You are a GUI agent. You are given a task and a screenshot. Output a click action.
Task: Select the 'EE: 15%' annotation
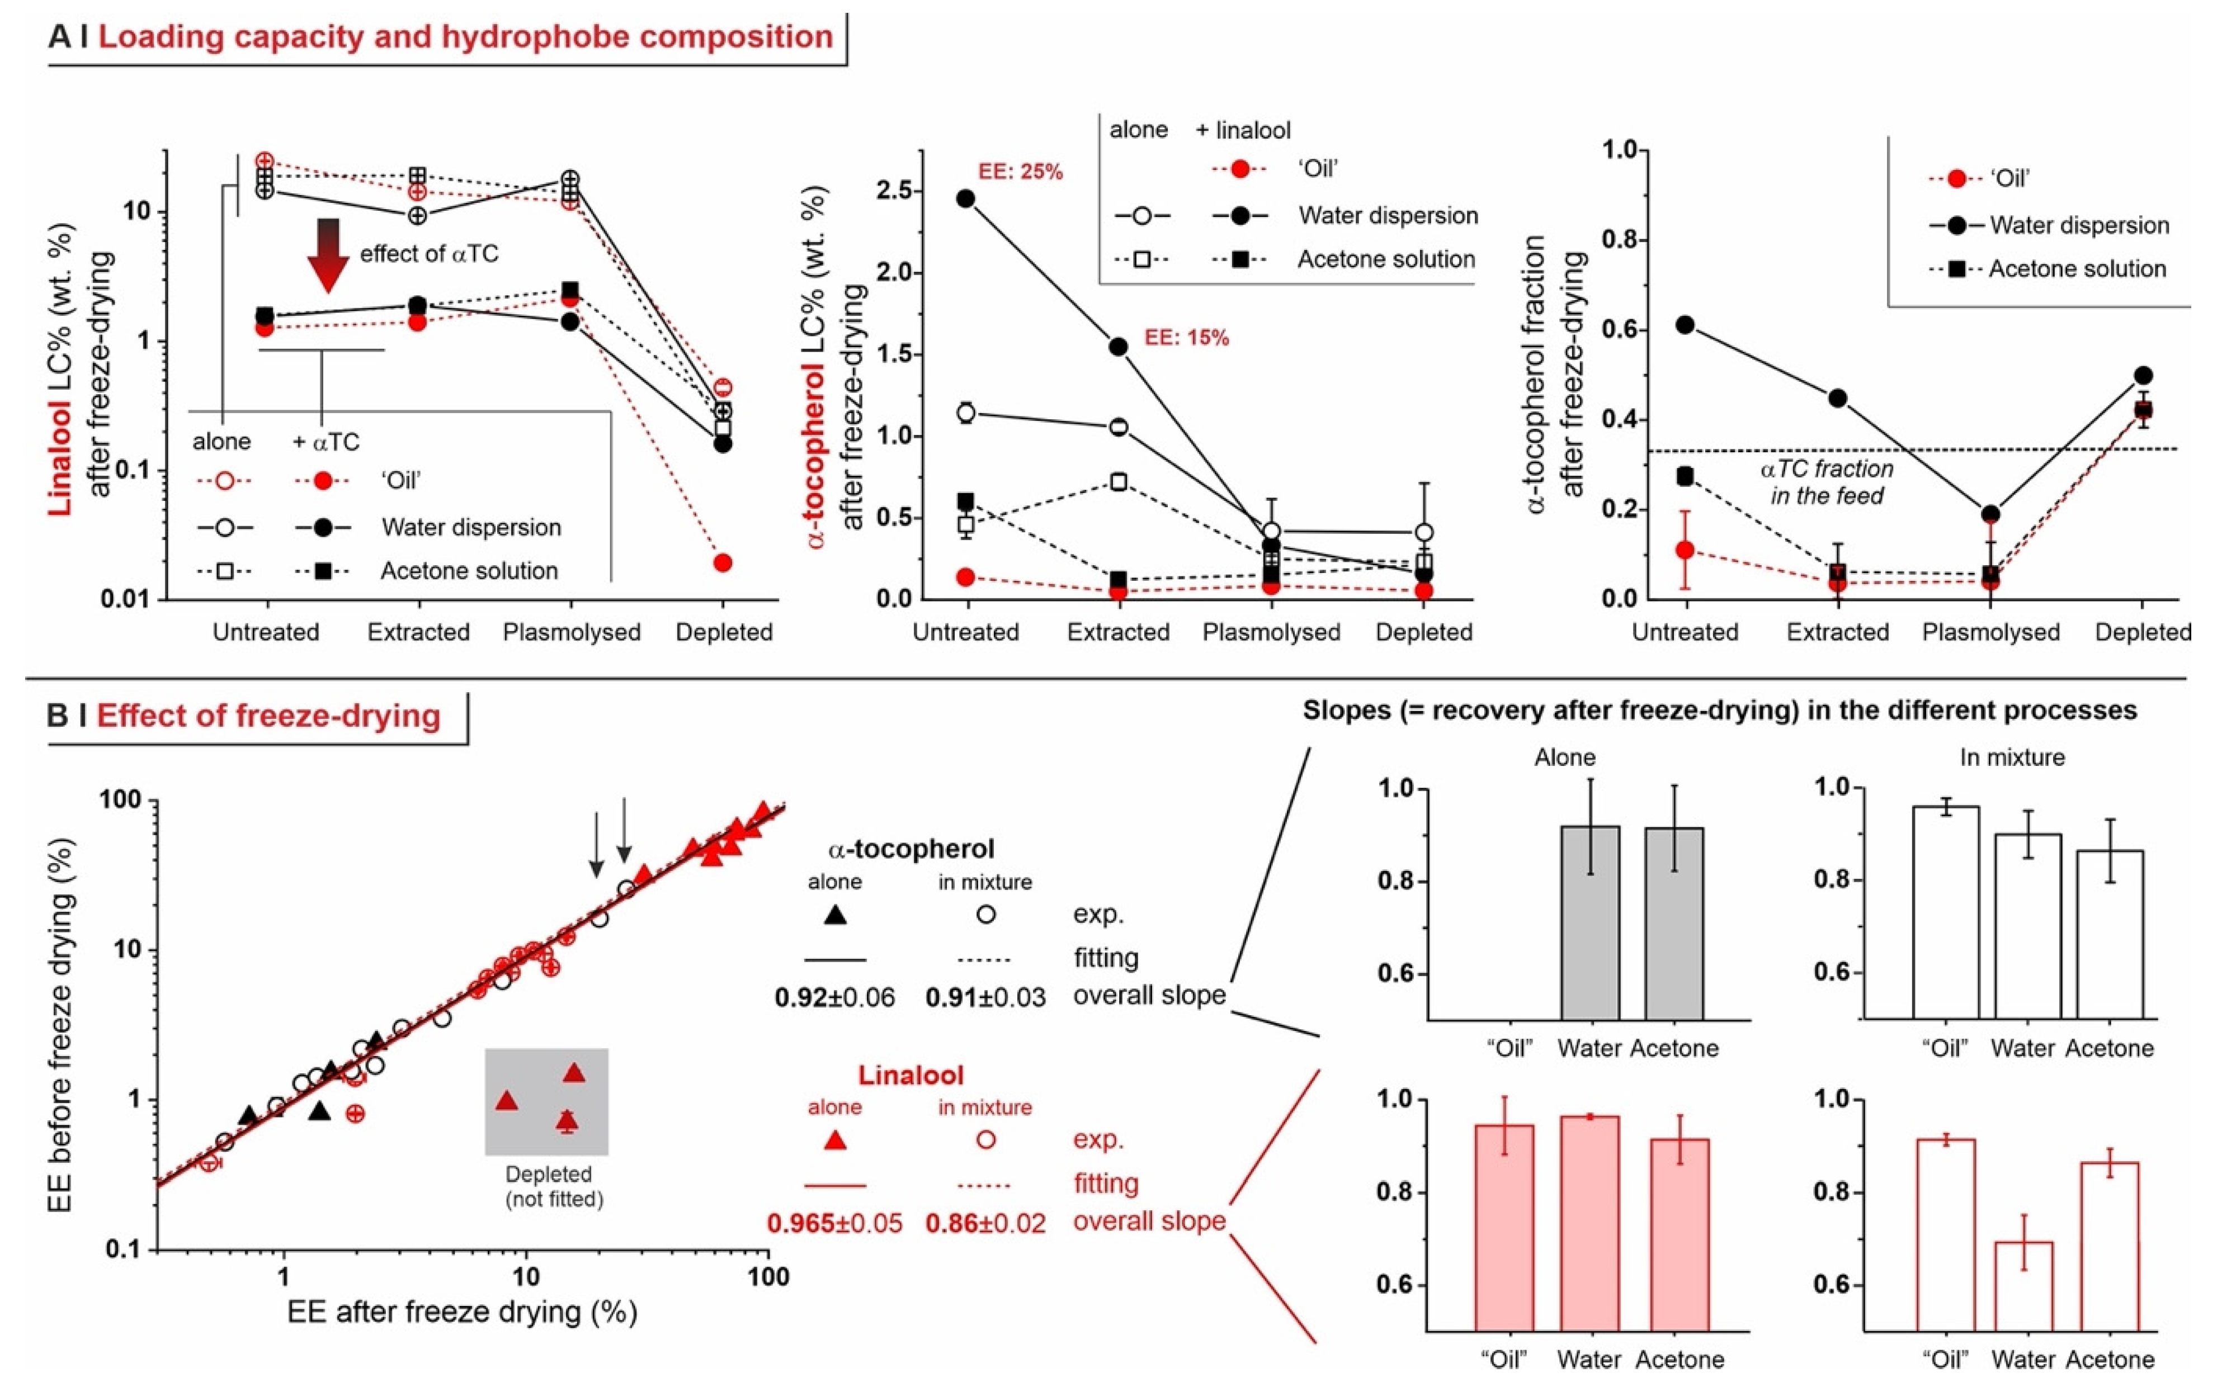[1186, 338]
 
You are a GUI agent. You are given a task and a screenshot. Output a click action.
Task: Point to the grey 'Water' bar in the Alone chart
[1590, 922]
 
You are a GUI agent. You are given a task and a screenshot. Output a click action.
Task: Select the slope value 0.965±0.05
[834, 1223]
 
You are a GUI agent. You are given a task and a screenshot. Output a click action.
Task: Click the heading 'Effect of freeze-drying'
[269, 716]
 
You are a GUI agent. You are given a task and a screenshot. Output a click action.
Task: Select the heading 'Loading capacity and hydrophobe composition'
[465, 37]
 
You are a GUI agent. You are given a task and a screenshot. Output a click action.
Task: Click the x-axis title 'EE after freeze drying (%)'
[463, 1312]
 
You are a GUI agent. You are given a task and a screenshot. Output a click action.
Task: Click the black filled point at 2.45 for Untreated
[966, 198]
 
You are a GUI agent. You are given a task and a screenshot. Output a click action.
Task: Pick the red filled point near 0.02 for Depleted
[723, 562]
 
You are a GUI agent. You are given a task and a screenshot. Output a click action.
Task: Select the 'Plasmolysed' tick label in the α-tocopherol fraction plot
[1991, 632]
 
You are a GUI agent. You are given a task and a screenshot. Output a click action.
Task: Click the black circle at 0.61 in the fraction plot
[1685, 325]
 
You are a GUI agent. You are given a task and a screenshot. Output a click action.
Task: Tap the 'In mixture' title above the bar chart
[2012, 758]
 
